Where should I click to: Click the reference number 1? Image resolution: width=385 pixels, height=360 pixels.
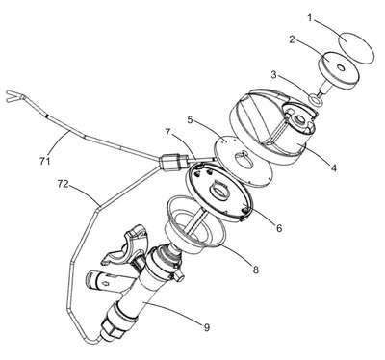click(310, 18)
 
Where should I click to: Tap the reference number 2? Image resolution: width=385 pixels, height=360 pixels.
click(292, 40)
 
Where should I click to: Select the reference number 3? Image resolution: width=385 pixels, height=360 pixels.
click(273, 75)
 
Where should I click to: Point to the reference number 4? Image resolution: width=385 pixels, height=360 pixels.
click(334, 167)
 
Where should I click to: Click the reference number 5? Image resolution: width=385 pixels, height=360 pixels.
click(190, 120)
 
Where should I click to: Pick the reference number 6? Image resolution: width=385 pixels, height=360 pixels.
click(279, 228)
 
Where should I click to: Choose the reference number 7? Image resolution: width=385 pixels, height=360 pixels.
click(168, 133)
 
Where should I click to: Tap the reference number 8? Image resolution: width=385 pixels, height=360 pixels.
click(255, 270)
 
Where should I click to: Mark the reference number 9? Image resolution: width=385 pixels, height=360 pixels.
click(206, 327)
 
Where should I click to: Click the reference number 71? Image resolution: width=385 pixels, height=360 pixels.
click(45, 160)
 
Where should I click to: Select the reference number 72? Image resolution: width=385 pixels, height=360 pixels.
click(64, 184)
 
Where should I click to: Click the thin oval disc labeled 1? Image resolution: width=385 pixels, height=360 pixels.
click(356, 48)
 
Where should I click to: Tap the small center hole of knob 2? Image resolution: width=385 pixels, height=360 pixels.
click(341, 67)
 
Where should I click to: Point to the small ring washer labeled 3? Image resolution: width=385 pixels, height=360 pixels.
click(317, 101)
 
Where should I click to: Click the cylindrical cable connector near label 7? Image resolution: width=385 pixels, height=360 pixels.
click(174, 162)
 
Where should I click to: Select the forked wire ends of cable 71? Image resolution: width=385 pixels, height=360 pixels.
click(15, 97)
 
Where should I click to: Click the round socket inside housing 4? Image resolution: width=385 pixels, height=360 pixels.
click(300, 120)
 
